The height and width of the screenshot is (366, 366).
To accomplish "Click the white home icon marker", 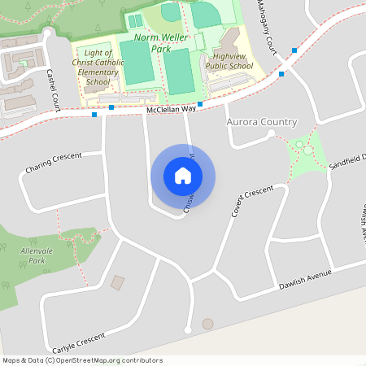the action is [183, 175].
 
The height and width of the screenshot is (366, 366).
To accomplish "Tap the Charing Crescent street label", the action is [54, 163].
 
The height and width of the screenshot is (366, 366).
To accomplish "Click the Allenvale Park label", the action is [36, 256].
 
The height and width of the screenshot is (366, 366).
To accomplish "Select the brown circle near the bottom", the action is [207, 324].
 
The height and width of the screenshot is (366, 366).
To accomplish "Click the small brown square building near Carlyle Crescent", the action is [118, 283].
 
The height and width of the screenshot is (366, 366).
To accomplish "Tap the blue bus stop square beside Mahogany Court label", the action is [294, 50].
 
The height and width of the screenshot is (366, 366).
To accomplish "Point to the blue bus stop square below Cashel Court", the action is [94, 115].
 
